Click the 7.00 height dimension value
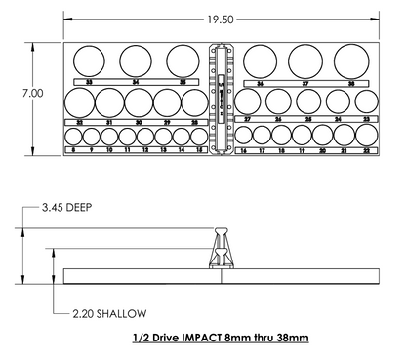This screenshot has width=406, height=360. pyautogui.click(x=33, y=93)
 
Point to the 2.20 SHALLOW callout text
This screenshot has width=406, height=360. pyautogui.click(x=108, y=313)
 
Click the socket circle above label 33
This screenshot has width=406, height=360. pyautogui.click(x=90, y=60)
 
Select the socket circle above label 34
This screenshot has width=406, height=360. pyautogui.click(x=136, y=60)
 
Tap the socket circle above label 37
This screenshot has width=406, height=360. pyautogui.click(x=304, y=60)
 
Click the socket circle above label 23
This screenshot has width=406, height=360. pyautogui.click(x=366, y=101)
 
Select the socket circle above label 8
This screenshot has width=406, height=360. pyautogui.click(x=73, y=138)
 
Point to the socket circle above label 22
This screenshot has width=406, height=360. pyautogui.click(x=367, y=138)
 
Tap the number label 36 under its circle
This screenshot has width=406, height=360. pyautogui.click(x=259, y=84)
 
